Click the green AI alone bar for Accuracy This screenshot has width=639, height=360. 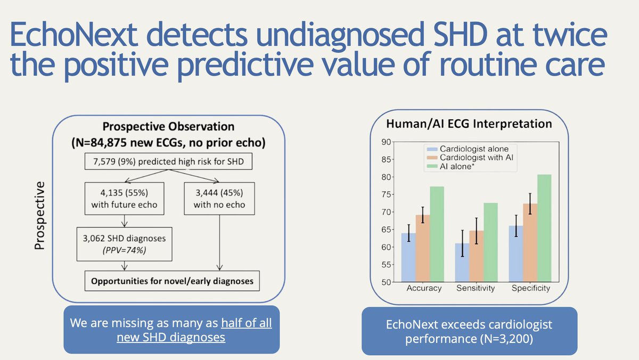tap(437, 234)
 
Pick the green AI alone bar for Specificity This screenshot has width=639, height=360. tap(544, 228)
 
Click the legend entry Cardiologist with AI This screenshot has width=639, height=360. tap(477, 159)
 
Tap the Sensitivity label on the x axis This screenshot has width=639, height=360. tap(476, 288)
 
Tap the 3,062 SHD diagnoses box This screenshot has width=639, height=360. tap(124, 243)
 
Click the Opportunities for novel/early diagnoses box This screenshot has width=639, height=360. tap(171, 281)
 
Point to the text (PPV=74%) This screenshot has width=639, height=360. tap(124, 250)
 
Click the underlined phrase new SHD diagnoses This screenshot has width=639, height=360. tap(171, 337)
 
